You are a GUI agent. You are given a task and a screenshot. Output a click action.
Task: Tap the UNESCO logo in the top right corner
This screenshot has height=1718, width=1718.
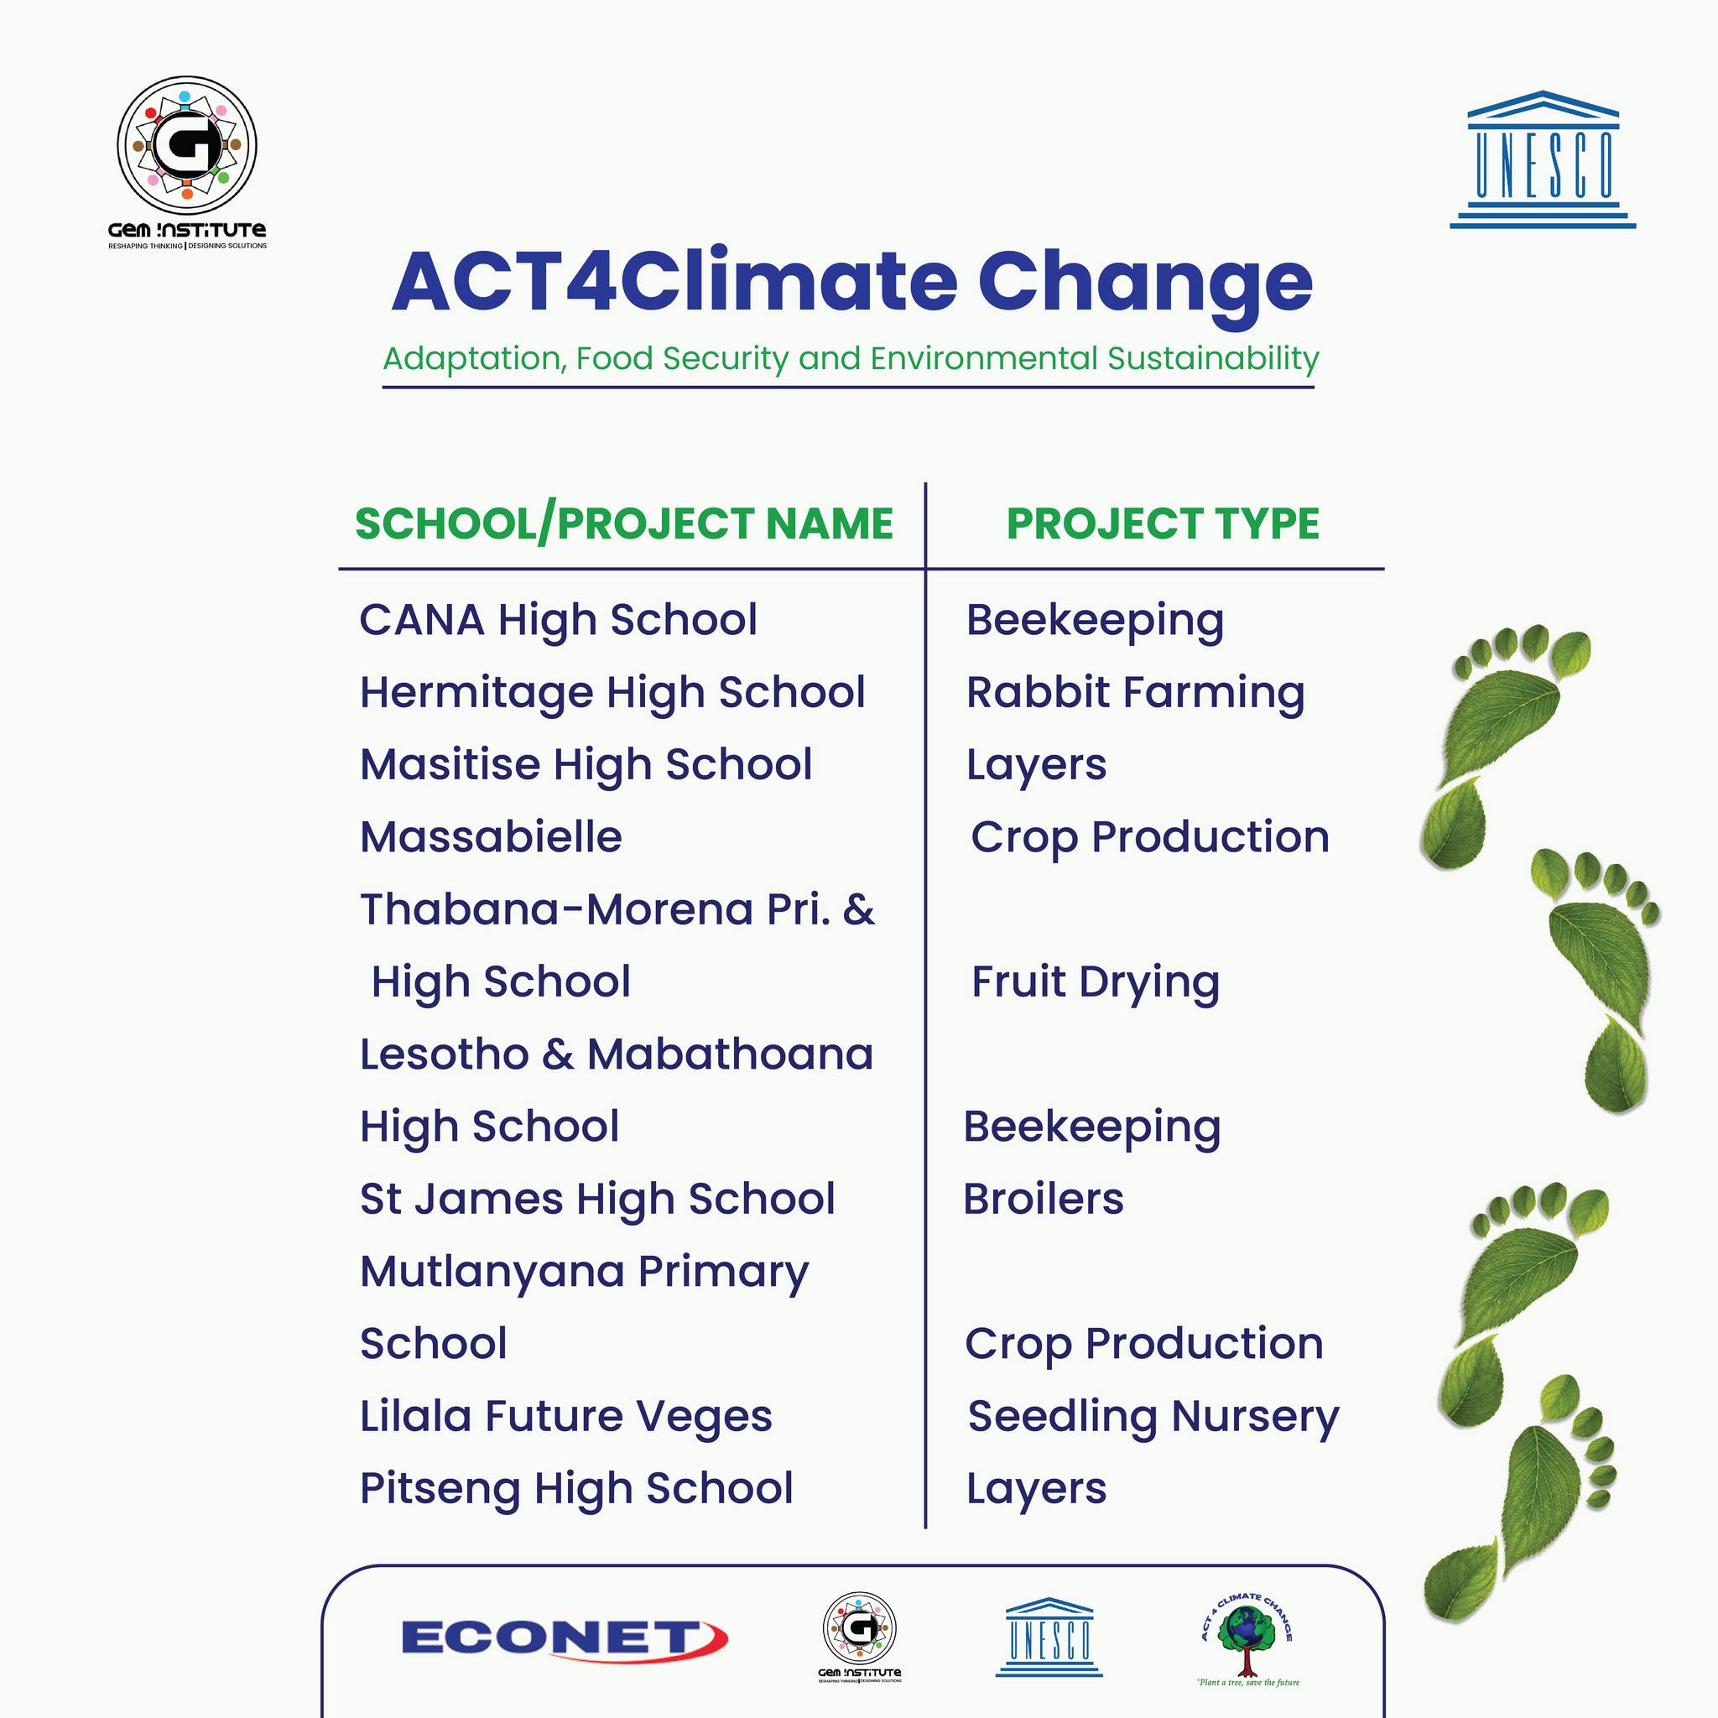pos(1543,159)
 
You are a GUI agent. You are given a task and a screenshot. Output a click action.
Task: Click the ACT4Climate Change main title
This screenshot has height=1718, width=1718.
pos(852,282)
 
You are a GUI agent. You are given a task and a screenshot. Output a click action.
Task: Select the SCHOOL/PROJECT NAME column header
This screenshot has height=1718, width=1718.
pos(624,523)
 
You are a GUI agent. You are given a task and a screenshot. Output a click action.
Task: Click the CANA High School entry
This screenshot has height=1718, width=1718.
pos(559,620)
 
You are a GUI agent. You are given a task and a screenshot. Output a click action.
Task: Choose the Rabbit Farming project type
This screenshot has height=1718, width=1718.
pos(1136,694)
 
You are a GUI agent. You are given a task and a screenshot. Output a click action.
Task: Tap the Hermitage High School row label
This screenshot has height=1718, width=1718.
pos(612,694)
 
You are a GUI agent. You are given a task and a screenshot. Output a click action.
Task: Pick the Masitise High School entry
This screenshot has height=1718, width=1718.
pos(586,766)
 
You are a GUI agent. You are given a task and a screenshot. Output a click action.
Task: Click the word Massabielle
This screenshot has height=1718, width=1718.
pos(491,836)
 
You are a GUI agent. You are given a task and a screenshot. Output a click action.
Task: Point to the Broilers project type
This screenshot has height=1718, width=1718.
pos(1043,1199)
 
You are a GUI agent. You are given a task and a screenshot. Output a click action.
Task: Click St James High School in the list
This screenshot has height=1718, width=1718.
pos(597,1200)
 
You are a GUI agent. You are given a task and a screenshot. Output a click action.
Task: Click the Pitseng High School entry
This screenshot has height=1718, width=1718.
pos(576,1490)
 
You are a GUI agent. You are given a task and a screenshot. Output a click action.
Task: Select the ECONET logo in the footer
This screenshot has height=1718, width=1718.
pos(565,1638)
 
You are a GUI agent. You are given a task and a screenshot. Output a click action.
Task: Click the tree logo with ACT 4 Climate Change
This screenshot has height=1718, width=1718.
pos(1247,1639)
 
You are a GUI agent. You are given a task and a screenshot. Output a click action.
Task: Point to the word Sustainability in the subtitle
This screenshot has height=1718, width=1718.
pos(1213,358)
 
